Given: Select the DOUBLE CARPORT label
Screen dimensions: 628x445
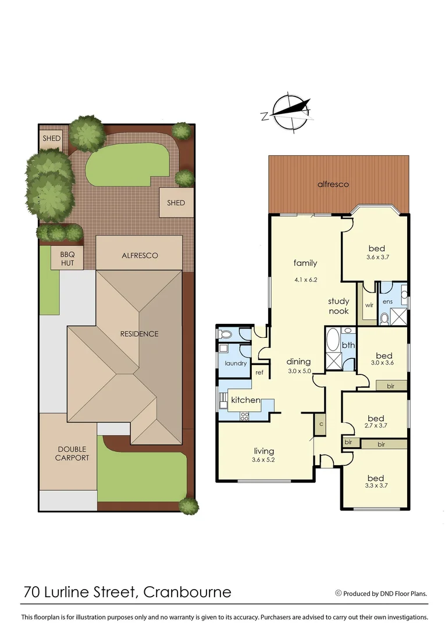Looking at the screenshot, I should click(72, 454).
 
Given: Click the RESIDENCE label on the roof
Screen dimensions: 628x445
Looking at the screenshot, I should click(139, 334).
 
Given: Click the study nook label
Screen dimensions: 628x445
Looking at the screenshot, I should click(339, 306).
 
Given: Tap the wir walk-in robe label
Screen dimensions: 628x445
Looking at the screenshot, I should click(368, 304).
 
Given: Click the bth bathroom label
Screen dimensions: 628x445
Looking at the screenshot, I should click(348, 345).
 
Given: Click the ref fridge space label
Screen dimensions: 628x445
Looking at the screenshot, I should click(259, 372).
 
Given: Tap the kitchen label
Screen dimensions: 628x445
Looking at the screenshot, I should click(245, 401).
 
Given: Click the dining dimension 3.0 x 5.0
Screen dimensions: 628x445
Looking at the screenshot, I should click(300, 371).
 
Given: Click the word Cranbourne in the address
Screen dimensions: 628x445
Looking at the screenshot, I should click(187, 593).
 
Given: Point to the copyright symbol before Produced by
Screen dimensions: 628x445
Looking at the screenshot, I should click(338, 594).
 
